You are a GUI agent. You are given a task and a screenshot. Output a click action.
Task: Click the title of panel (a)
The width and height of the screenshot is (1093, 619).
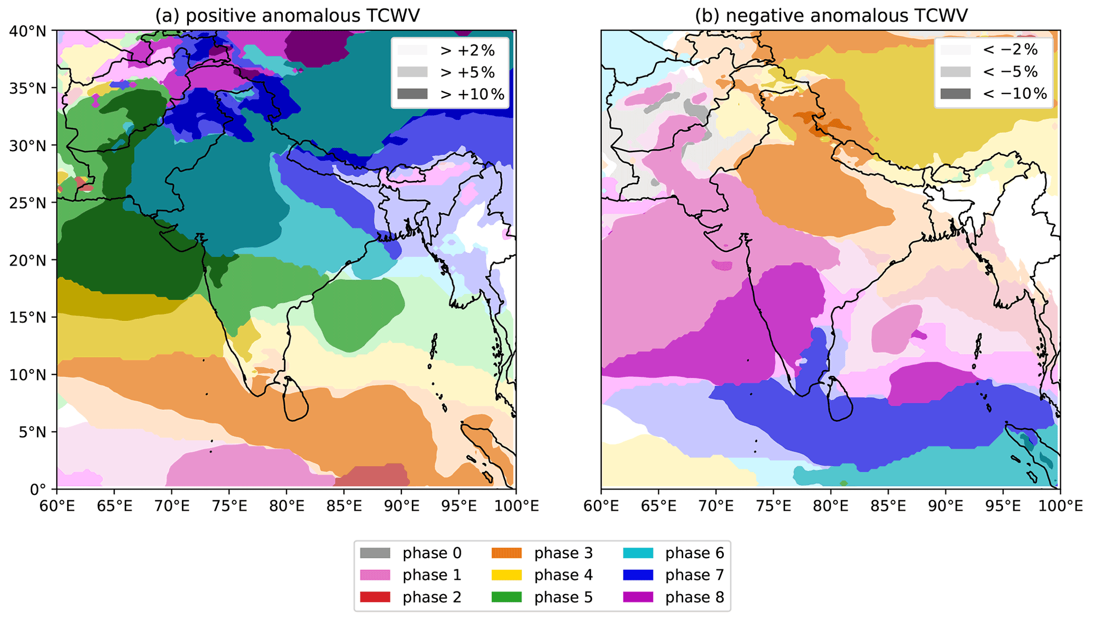click(x=287, y=15)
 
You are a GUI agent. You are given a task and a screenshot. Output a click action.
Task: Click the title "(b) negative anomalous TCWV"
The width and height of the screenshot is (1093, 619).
click(x=831, y=15)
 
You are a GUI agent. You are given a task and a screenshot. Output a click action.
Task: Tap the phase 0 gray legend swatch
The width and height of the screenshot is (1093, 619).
click(x=375, y=553)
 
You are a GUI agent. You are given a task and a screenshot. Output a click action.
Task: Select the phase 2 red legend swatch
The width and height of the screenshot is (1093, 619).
click(x=375, y=597)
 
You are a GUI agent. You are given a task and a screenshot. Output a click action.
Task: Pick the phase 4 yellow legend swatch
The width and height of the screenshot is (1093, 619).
click(x=507, y=575)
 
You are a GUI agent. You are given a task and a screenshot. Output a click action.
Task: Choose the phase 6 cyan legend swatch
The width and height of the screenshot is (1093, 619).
click(x=638, y=553)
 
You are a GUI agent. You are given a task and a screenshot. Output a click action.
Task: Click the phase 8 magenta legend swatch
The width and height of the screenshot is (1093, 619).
click(x=638, y=597)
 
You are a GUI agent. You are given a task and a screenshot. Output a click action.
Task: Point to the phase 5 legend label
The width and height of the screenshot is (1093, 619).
click(x=563, y=597)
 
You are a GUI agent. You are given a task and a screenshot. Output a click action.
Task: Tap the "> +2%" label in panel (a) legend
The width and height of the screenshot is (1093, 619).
click(x=467, y=50)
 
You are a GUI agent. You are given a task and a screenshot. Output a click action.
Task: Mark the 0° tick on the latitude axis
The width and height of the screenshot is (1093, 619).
click(x=38, y=489)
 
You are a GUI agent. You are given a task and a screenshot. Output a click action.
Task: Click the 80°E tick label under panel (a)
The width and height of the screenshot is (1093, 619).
click(x=286, y=506)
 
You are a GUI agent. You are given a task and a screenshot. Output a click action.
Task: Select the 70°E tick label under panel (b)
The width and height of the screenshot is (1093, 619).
click(x=716, y=506)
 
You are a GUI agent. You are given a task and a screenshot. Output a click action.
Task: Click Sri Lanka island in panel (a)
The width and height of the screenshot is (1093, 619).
click(x=295, y=400)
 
